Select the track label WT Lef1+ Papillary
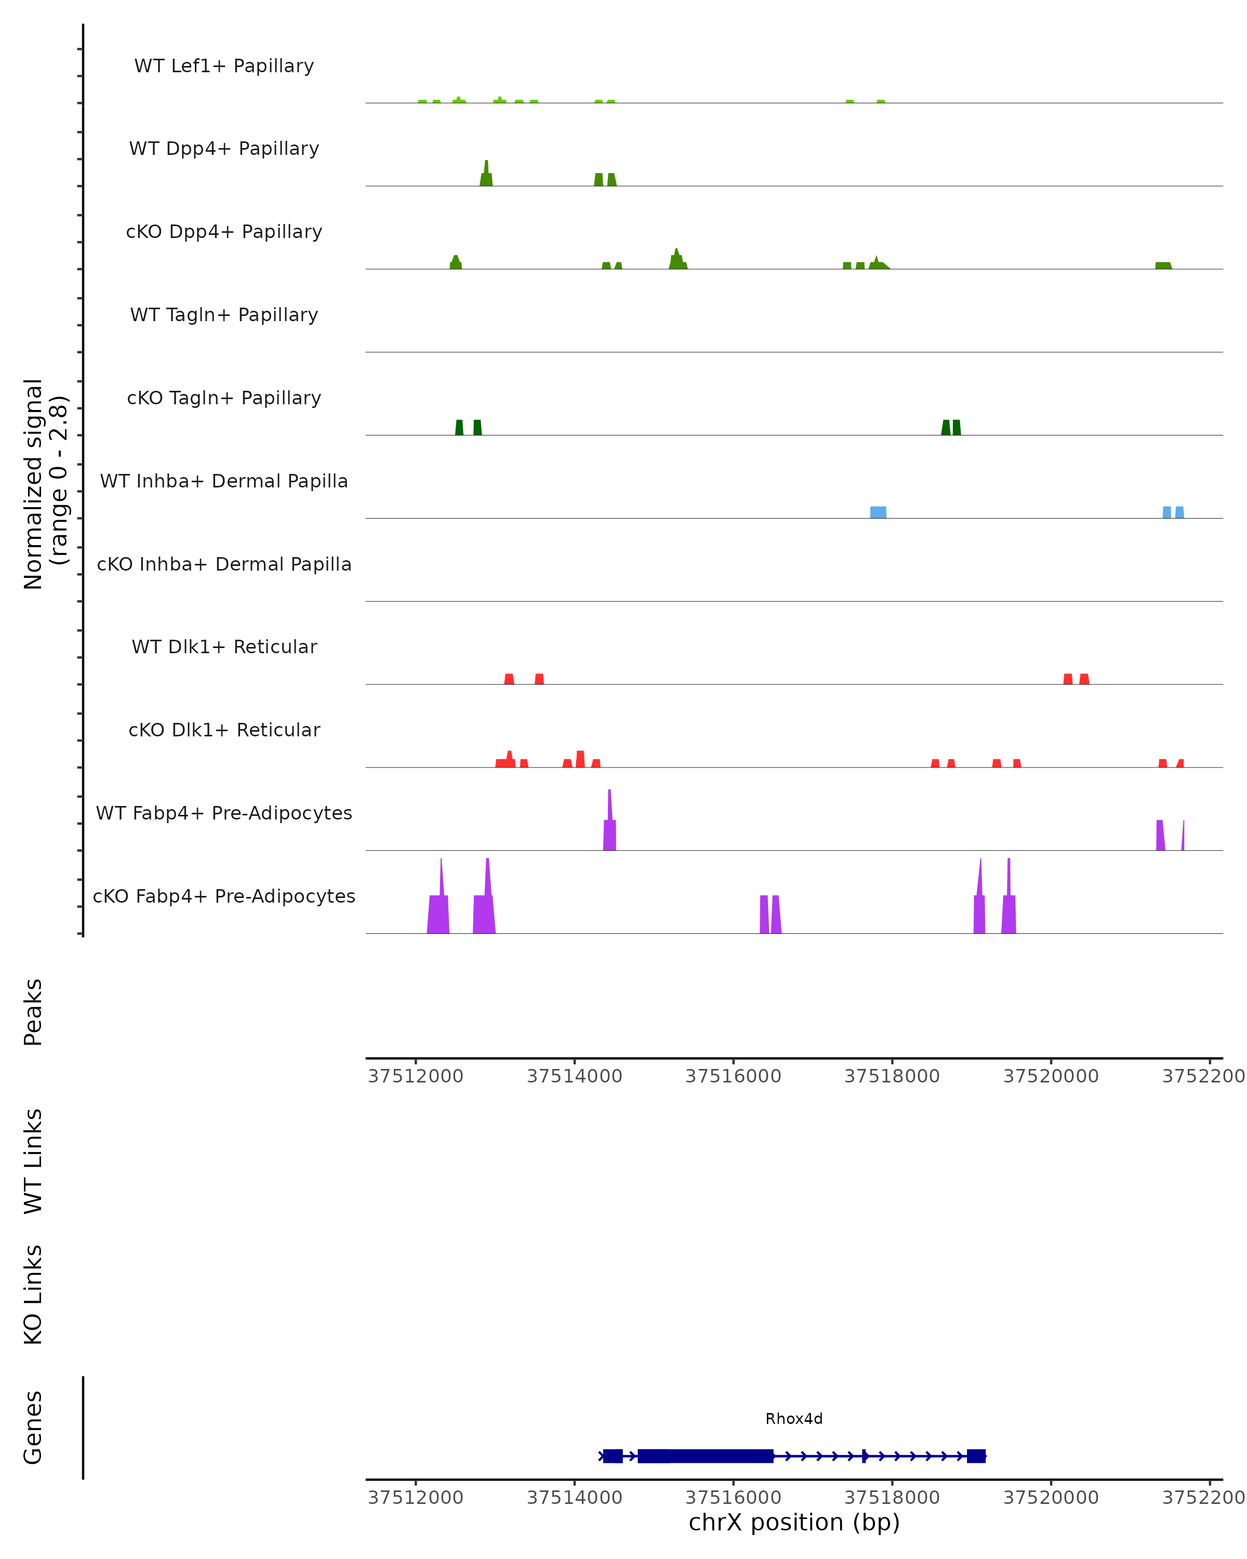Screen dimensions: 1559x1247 click(x=224, y=66)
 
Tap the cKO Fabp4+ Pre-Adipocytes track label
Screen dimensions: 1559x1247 click(x=224, y=896)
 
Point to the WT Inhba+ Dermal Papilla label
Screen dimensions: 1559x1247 click(x=224, y=481)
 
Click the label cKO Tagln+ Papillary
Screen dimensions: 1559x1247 click(x=224, y=398)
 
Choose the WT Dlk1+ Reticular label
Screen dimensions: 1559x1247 click(x=224, y=646)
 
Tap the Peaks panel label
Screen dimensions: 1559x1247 click(x=33, y=1012)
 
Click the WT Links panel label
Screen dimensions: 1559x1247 click(x=33, y=1160)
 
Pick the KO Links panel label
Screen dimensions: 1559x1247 click(x=33, y=1294)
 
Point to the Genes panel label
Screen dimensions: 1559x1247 click(x=33, y=1428)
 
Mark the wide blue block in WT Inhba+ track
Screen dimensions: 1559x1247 click(x=878, y=512)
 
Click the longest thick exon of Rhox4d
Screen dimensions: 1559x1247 click(x=705, y=1456)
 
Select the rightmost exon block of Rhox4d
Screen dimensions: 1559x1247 click(x=975, y=1456)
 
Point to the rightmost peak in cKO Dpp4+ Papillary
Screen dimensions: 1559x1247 click(x=1162, y=266)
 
